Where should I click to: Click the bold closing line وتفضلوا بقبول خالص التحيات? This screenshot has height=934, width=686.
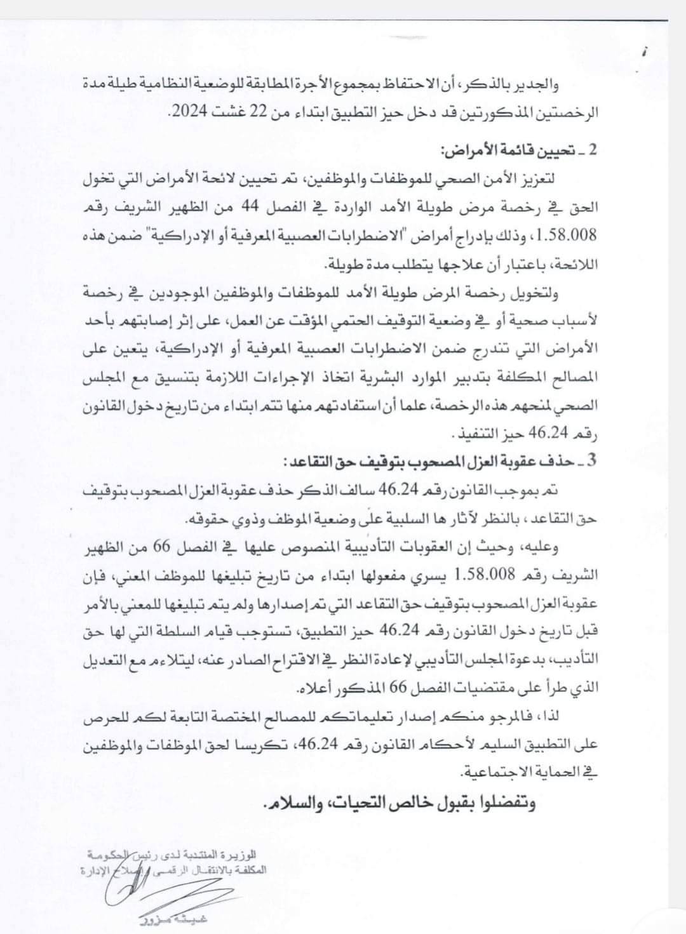[x=399, y=804]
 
